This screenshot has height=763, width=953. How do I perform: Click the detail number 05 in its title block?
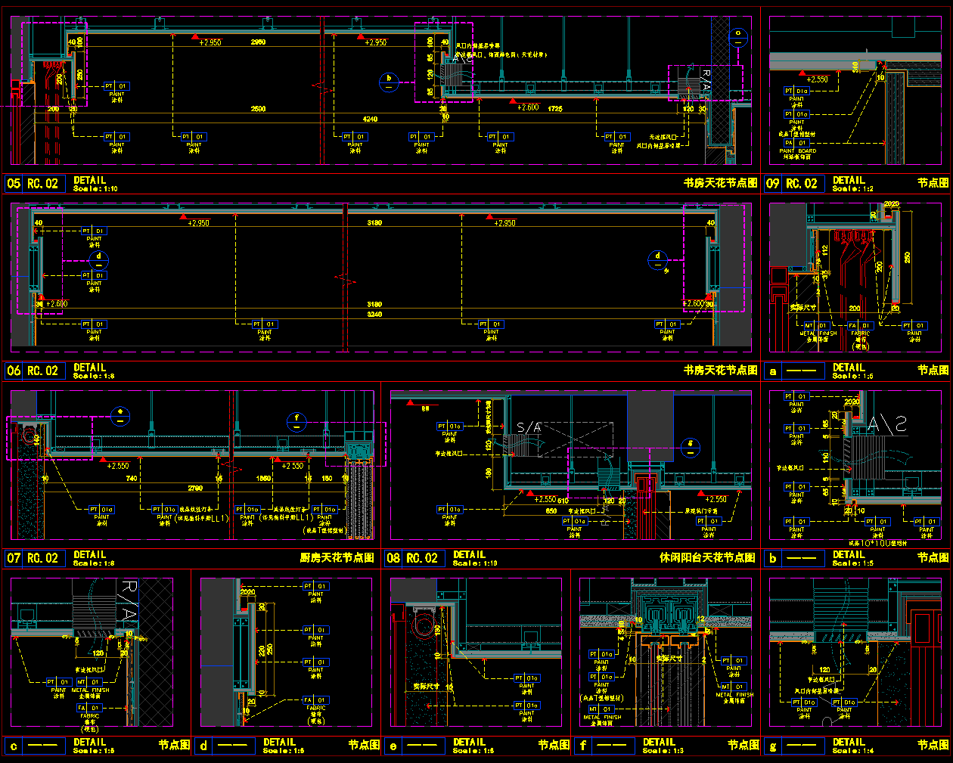[x=14, y=183]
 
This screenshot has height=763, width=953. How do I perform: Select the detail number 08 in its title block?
[x=393, y=558]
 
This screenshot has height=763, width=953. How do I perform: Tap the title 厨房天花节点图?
[x=337, y=558]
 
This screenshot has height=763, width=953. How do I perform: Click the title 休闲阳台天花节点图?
[x=707, y=558]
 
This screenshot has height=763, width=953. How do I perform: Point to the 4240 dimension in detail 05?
[x=370, y=119]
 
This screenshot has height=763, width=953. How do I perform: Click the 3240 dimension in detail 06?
[x=374, y=314]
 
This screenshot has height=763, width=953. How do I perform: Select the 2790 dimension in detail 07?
[x=195, y=489]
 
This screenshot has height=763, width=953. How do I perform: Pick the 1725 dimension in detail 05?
[x=555, y=109]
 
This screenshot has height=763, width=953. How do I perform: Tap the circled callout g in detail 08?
[x=690, y=448]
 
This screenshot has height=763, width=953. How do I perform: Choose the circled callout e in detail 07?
[x=120, y=416]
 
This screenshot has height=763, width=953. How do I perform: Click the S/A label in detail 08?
[x=529, y=428]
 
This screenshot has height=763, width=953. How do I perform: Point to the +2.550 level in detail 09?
[x=817, y=79]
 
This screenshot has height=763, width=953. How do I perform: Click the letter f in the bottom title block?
[x=582, y=746]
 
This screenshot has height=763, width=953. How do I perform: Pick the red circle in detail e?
[x=424, y=628]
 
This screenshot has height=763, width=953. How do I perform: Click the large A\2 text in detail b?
[x=886, y=425]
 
